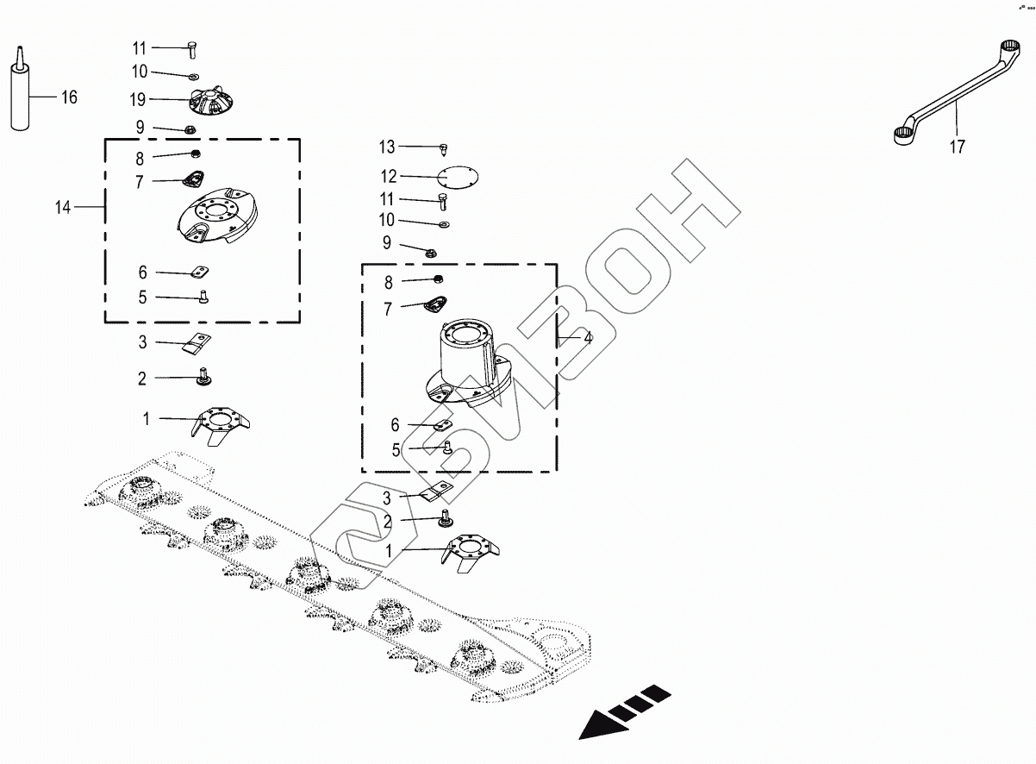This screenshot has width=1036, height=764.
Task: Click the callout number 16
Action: (68, 97)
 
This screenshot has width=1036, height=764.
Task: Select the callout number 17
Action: (957, 147)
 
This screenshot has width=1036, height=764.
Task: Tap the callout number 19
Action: (138, 99)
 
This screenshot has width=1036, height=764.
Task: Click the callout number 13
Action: (386, 147)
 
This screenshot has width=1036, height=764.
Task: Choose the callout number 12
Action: (389, 177)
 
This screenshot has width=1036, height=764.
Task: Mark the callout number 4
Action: (587, 339)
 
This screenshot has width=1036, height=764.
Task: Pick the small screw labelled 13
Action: (444, 149)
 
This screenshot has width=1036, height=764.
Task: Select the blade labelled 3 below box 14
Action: (197, 343)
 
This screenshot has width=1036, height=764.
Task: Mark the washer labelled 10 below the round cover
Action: (443, 224)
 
